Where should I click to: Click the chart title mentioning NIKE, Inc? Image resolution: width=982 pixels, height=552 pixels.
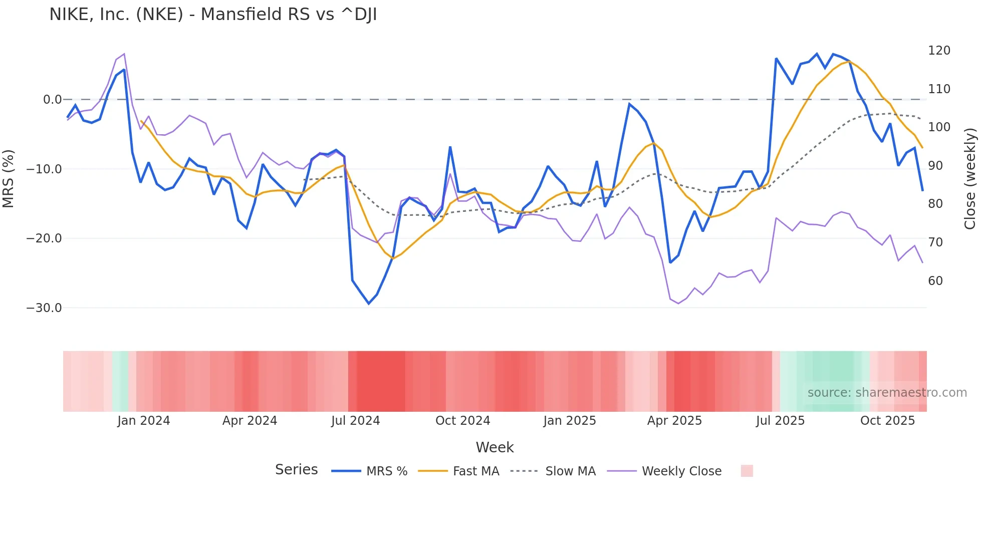click(213, 15)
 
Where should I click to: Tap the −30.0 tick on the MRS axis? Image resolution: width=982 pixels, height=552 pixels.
click(44, 308)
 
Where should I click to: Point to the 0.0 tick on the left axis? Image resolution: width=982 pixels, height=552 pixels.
click(52, 100)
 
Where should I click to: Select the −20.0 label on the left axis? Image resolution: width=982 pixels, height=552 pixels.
click(44, 238)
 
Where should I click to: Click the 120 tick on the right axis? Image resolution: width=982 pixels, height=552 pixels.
click(939, 51)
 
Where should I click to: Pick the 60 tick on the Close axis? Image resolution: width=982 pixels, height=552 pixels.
click(935, 281)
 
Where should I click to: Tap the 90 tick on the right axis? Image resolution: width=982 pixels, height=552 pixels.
click(935, 166)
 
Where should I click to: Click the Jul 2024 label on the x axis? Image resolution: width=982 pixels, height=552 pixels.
click(356, 421)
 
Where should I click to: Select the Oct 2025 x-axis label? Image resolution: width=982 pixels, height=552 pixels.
click(887, 421)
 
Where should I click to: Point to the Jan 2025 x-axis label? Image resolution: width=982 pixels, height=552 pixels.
click(570, 421)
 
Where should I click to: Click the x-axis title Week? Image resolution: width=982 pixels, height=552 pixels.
click(495, 447)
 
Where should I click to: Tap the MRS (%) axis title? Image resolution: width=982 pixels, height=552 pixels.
click(9, 179)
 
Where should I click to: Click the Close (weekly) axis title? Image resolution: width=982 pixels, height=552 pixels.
click(970, 179)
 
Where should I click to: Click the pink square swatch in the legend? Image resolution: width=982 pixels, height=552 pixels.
click(747, 471)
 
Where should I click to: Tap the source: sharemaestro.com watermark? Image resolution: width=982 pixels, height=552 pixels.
click(887, 393)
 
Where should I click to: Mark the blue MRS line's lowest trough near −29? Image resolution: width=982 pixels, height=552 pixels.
click(369, 303)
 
